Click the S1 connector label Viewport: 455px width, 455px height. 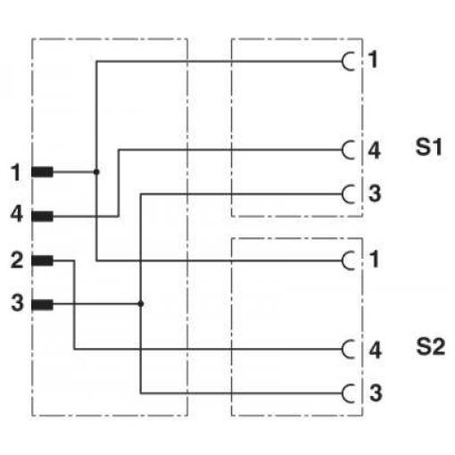[x=428, y=147]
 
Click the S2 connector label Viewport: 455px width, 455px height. [x=430, y=347]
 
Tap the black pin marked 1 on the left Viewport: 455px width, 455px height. [x=43, y=172]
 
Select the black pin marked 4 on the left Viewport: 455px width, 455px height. [x=43, y=217]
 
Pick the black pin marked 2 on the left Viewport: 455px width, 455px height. [x=43, y=261]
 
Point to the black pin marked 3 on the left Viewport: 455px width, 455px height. [x=43, y=305]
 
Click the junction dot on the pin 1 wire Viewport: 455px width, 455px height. [x=96, y=172]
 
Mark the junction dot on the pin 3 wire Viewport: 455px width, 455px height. [x=141, y=304]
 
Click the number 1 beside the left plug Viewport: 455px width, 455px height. [x=16, y=172]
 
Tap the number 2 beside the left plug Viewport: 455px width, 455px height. [x=17, y=261]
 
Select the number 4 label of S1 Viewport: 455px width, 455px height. [x=375, y=150]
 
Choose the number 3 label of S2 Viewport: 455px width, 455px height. [x=376, y=393]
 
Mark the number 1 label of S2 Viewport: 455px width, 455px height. [x=374, y=259]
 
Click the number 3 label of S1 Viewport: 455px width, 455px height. [x=375, y=194]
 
